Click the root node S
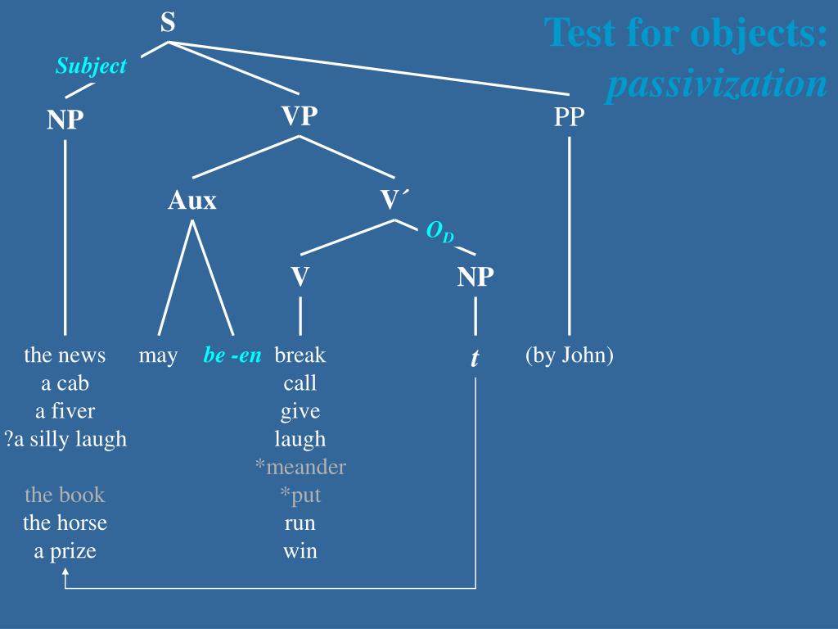point(168,22)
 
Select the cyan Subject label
point(91,66)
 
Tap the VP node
point(300,116)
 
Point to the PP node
point(570,117)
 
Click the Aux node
point(192,200)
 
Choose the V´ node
point(394,200)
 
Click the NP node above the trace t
point(475,277)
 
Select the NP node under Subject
point(65,120)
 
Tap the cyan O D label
point(439,233)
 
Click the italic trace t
point(475,358)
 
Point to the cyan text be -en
point(232,355)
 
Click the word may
point(158,355)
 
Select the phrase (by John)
point(570,355)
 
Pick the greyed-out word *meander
point(300,467)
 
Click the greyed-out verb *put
point(300,495)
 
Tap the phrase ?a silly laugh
point(65,439)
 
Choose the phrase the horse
point(65,523)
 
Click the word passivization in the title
point(716,84)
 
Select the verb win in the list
point(300,550)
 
